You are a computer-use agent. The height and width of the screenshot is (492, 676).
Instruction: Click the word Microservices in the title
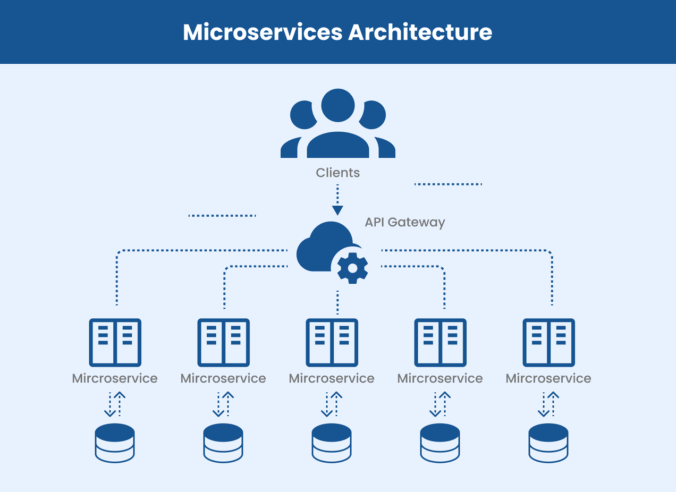[x=263, y=32]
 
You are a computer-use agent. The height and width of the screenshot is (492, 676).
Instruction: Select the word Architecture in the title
[x=420, y=32]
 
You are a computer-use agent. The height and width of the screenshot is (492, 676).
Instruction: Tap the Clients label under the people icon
[x=337, y=173]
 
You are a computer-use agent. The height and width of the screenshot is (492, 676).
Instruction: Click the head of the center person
[x=337, y=105]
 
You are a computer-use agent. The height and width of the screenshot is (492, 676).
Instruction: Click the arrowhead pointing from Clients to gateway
[x=337, y=210]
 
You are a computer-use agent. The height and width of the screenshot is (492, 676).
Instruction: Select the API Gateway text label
[x=404, y=222]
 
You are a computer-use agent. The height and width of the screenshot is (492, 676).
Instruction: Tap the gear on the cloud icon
[x=352, y=268]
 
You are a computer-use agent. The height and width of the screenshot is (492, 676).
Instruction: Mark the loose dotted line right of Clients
[x=447, y=184]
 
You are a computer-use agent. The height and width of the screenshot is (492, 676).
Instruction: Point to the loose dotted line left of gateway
[x=222, y=216]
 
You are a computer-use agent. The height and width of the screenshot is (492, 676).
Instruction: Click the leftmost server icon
[x=115, y=343]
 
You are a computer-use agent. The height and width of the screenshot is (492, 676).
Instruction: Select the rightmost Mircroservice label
[x=548, y=378]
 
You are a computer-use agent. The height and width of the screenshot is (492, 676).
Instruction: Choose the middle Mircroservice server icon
[x=332, y=343]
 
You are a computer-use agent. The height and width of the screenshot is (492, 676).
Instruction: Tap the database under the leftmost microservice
[x=115, y=443]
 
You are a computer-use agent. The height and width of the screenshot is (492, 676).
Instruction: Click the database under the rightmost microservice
[x=548, y=443]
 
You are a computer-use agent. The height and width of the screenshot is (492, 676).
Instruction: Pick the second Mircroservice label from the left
[x=223, y=378]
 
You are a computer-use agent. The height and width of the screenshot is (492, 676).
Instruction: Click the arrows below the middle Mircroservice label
[x=332, y=404]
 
